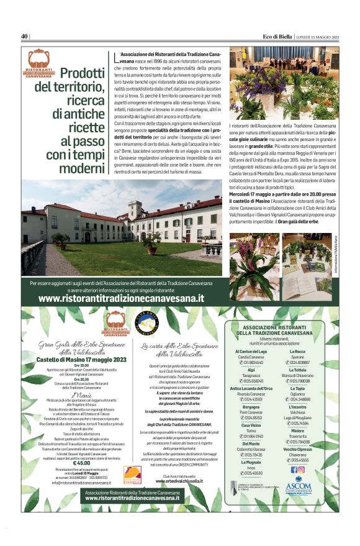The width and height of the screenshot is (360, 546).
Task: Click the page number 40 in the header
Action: point(25,36)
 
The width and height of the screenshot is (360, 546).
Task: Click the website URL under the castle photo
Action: point(121,298)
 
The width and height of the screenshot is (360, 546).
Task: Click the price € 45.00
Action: point(81,463)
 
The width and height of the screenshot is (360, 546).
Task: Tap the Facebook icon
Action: point(294,470)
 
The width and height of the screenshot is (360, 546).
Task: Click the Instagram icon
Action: point(302,470)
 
